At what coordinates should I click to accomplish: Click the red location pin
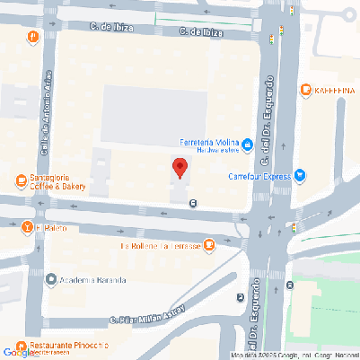[180, 168]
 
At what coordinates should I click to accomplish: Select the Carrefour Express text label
[260, 176]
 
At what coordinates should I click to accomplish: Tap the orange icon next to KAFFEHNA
[306, 90]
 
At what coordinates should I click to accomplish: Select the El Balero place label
[52, 228]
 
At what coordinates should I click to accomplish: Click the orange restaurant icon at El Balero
[27, 227]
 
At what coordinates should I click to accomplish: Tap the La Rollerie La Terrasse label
[159, 245]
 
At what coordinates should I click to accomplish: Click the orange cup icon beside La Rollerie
[209, 244]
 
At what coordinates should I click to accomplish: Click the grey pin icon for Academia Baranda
[51, 279]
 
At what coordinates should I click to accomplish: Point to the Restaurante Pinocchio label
[68, 346]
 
